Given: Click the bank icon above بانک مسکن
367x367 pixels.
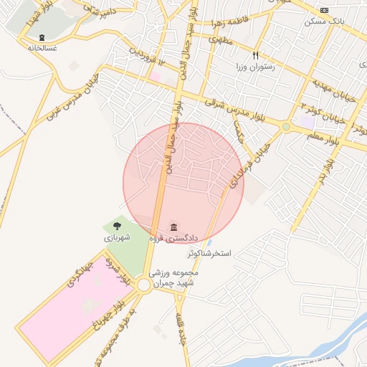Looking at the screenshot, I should [325, 10].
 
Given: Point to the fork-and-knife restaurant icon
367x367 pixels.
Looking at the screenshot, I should [256, 54].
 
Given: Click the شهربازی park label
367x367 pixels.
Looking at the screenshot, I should [117, 237].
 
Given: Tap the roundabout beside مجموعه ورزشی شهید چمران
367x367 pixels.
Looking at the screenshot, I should [144, 285].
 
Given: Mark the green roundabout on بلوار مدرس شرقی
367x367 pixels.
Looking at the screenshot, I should [286, 127].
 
